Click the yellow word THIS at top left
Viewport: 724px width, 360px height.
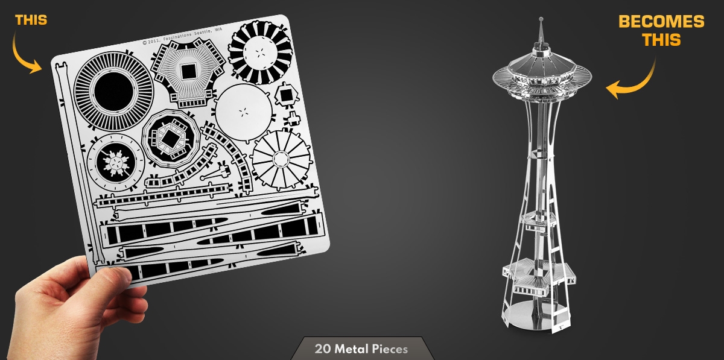[31, 20]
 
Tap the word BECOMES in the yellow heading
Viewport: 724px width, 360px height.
[661, 22]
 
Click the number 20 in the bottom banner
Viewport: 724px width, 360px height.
[323, 349]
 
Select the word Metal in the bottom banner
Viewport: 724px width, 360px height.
[352, 349]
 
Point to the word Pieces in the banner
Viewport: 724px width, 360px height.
[390, 349]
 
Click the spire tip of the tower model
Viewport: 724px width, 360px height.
[541, 19]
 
